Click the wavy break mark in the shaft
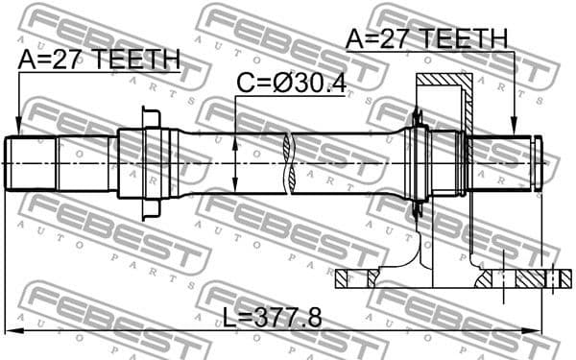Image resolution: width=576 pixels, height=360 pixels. point(288,163)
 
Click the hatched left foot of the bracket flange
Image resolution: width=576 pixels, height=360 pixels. point(354,279)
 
